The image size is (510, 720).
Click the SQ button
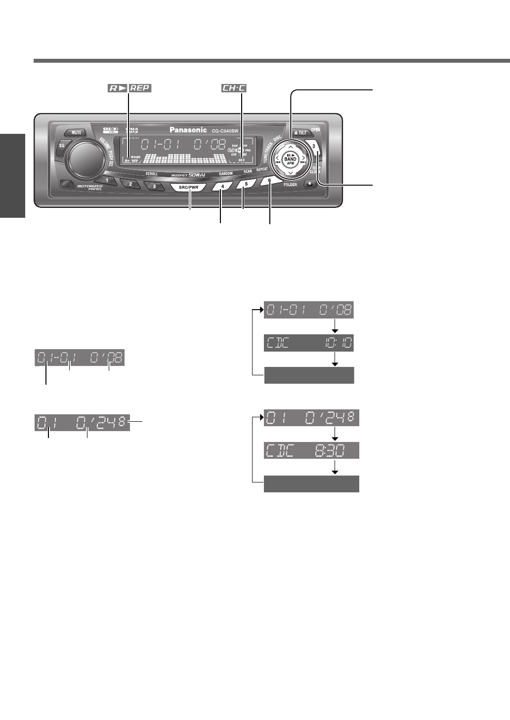(x=62, y=146)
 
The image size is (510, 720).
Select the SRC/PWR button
(x=188, y=188)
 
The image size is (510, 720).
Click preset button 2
(x=130, y=184)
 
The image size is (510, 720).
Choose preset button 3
(x=154, y=186)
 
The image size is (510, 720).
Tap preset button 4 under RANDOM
(x=223, y=186)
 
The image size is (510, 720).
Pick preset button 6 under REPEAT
(x=269, y=181)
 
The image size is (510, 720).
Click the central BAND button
(x=291, y=159)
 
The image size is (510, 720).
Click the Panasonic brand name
(x=188, y=130)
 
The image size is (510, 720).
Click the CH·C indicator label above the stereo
(x=234, y=88)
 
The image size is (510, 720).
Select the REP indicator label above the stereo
(x=140, y=88)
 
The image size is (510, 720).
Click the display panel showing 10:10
(x=309, y=343)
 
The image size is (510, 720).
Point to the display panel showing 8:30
(x=311, y=450)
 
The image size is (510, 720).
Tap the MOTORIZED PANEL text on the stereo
(x=90, y=188)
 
